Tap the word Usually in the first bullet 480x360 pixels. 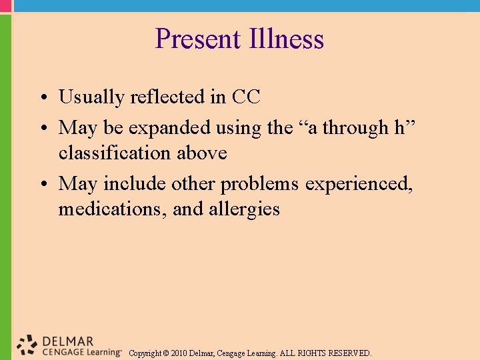tap(91, 97)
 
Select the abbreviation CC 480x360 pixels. tap(246, 97)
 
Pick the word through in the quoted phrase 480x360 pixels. tap(355, 127)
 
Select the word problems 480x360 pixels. tap(261, 183)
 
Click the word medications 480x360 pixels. tap(111, 209)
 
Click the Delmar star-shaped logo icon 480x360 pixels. tap(27, 344)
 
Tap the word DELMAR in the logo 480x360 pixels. tap(67, 340)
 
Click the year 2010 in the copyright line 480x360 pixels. tap(179, 353)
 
